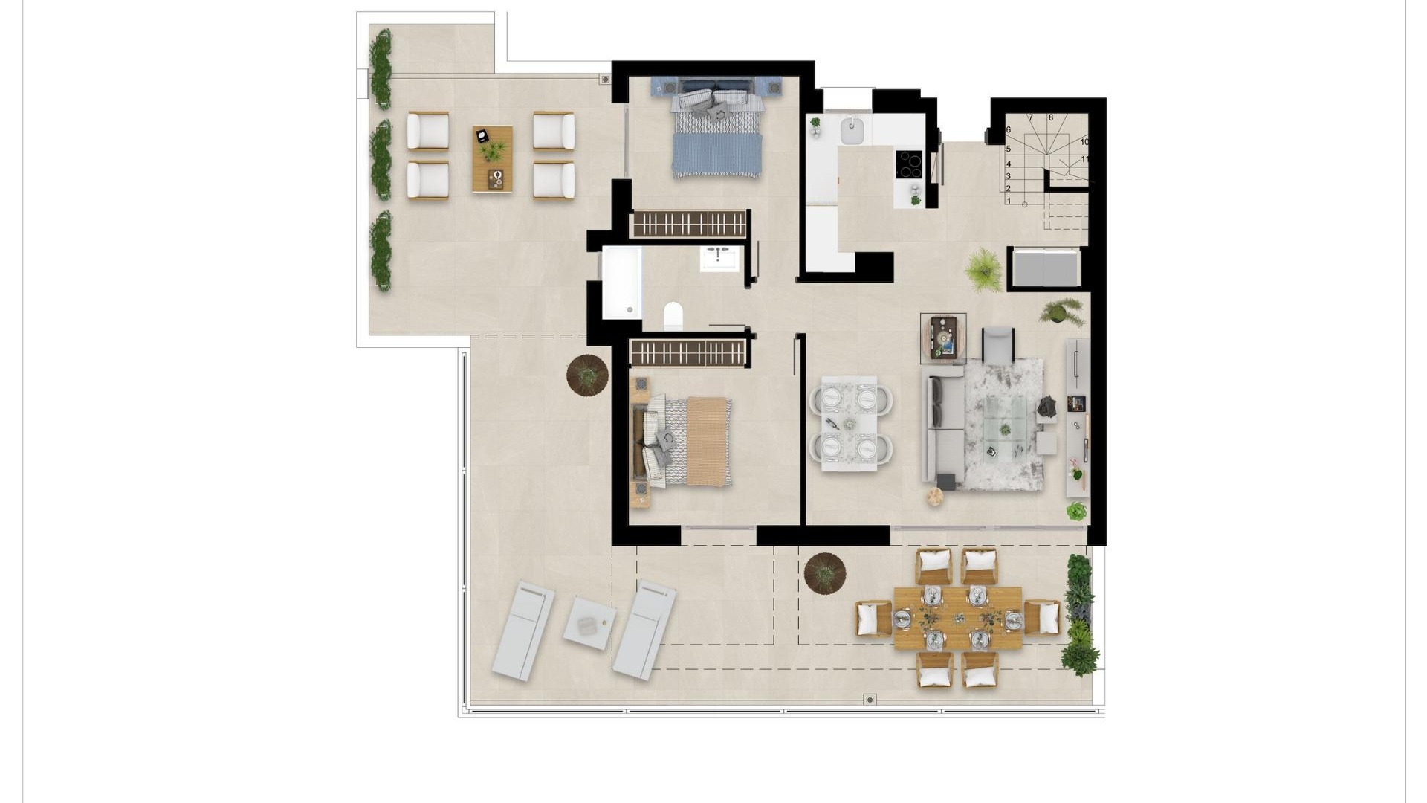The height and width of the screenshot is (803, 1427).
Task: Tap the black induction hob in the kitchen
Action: [x=908, y=164]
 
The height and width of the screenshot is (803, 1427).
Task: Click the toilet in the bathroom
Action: [x=673, y=316]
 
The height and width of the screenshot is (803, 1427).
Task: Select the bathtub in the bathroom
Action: [x=621, y=283]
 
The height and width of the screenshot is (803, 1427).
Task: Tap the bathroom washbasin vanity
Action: [x=719, y=259]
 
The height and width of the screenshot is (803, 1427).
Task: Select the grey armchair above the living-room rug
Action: [x=997, y=345]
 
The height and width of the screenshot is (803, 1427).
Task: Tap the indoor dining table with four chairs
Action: [x=849, y=424]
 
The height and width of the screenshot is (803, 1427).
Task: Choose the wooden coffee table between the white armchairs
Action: [x=492, y=159]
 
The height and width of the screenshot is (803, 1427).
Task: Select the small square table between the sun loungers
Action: [x=589, y=623]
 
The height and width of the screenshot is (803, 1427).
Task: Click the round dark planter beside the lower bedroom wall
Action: [x=587, y=375]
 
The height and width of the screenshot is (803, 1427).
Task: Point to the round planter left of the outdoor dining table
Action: [x=824, y=573]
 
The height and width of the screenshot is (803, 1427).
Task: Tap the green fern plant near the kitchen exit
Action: [x=984, y=268]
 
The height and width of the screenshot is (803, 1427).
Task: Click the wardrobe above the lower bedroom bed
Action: [x=688, y=353]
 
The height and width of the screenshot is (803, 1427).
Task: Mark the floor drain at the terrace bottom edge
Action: [x=870, y=699]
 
